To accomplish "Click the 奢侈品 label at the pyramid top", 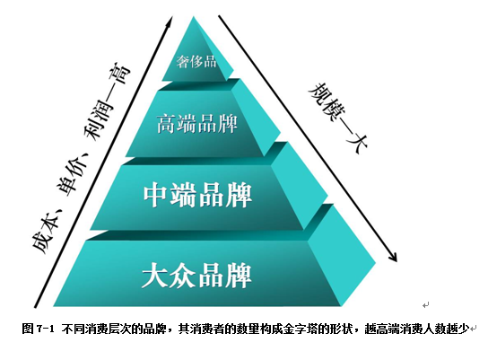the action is [x=196, y=61].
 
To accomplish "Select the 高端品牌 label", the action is [x=197, y=124].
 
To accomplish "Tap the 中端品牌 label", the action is [x=197, y=195].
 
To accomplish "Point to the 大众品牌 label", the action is [x=196, y=276].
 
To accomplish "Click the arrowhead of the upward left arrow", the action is [x=170, y=22].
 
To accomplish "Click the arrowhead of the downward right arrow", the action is [x=393, y=257].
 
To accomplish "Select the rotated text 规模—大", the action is [x=338, y=118].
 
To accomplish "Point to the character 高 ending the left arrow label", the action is [x=120, y=75].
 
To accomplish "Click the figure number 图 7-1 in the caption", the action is [x=39, y=329].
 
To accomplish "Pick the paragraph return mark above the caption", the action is [x=426, y=305].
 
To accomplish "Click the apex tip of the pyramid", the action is [x=194, y=17].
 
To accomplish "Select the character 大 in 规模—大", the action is [x=357, y=143].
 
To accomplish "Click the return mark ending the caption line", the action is [x=473, y=329].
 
